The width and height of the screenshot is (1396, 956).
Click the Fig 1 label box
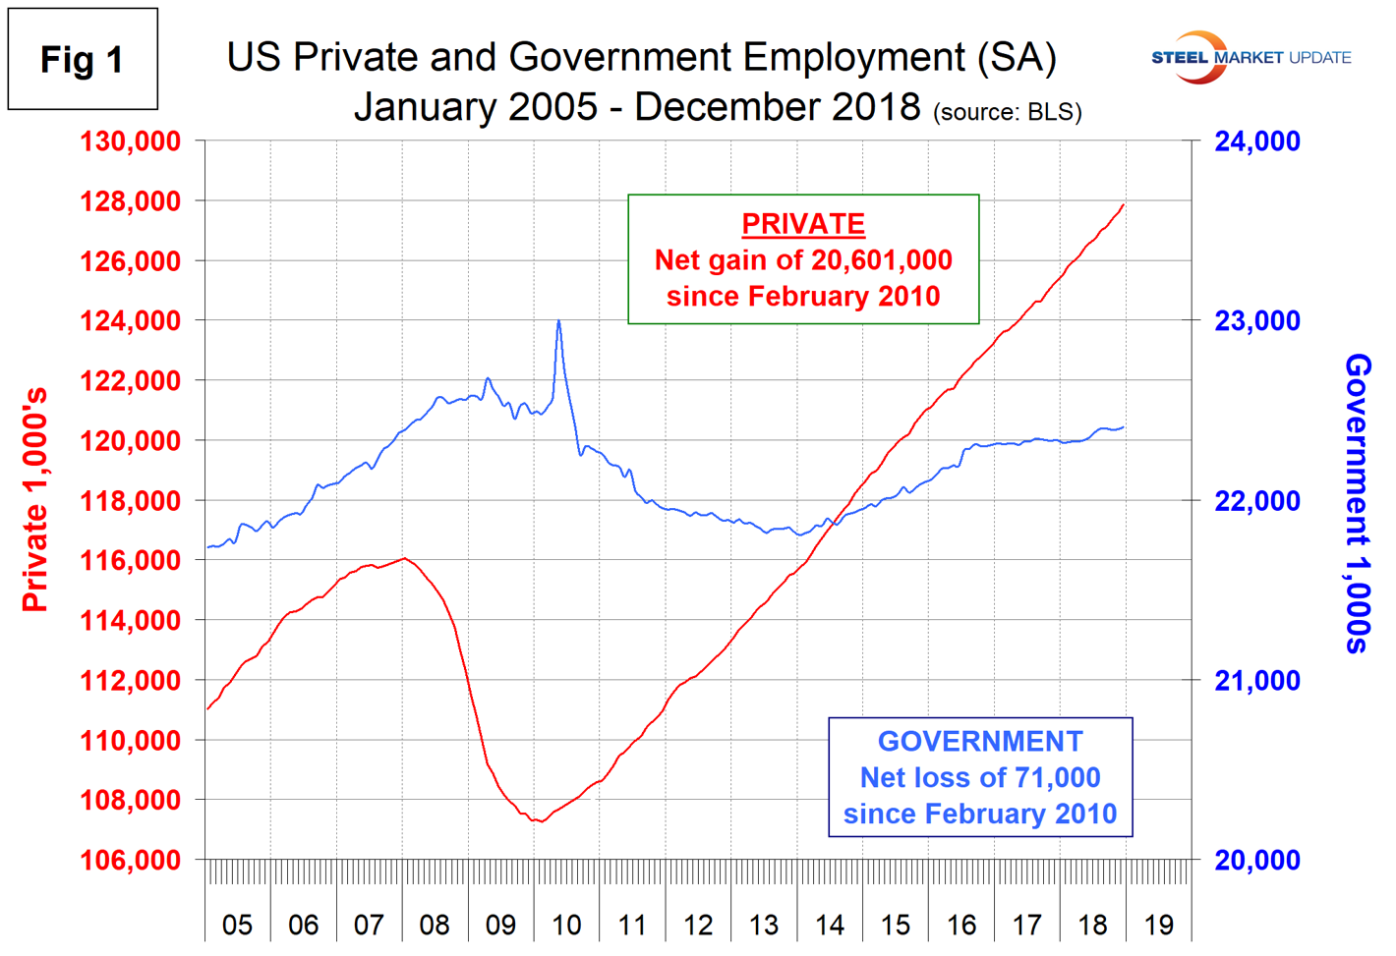tap(83, 60)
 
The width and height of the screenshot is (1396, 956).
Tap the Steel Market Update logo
tap(1251, 57)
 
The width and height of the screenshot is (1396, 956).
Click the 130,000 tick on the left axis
tap(131, 141)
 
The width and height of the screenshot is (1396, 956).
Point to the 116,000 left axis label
tap(131, 561)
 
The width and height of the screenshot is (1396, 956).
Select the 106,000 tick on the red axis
tap(131, 861)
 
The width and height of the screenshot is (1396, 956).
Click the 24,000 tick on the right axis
tap(1257, 141)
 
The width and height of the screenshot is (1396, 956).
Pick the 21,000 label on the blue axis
tap(1257, 681)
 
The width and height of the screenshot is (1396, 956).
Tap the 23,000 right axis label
tap(1257, 321)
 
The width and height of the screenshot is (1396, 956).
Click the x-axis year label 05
tap(237, 925)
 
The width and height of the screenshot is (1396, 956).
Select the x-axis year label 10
tap(566, 925)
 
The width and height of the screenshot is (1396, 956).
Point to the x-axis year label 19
tap(1159, 925)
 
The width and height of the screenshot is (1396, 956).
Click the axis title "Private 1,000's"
tap(35, 499)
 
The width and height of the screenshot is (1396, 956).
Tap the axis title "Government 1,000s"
tap(1358, 503)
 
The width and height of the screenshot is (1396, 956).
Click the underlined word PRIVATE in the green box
tap(803, 224)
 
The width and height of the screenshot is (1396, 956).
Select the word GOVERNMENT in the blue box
tap(980, 742)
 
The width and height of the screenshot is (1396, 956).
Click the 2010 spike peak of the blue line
tap(558, 320)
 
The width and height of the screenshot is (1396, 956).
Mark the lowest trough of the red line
tap(540, 821)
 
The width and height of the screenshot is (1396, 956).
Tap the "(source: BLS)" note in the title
tap(1008, 112)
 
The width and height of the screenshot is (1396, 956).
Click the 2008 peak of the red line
tap(404, 558)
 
